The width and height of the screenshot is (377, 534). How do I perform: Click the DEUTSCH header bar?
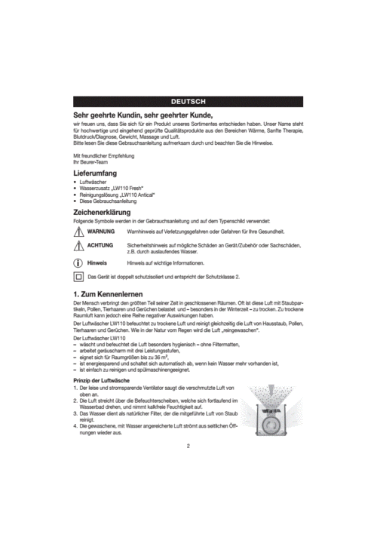[x=188, y=101]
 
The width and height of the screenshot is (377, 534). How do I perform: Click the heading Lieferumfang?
[x=95, y=173]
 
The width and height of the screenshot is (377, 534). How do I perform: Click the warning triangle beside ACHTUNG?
[x=78, y=247]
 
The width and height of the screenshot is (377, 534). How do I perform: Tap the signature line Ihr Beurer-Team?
[x=92, y=161]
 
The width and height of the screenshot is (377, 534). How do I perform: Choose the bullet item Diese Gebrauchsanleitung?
[x=108, y=201]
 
